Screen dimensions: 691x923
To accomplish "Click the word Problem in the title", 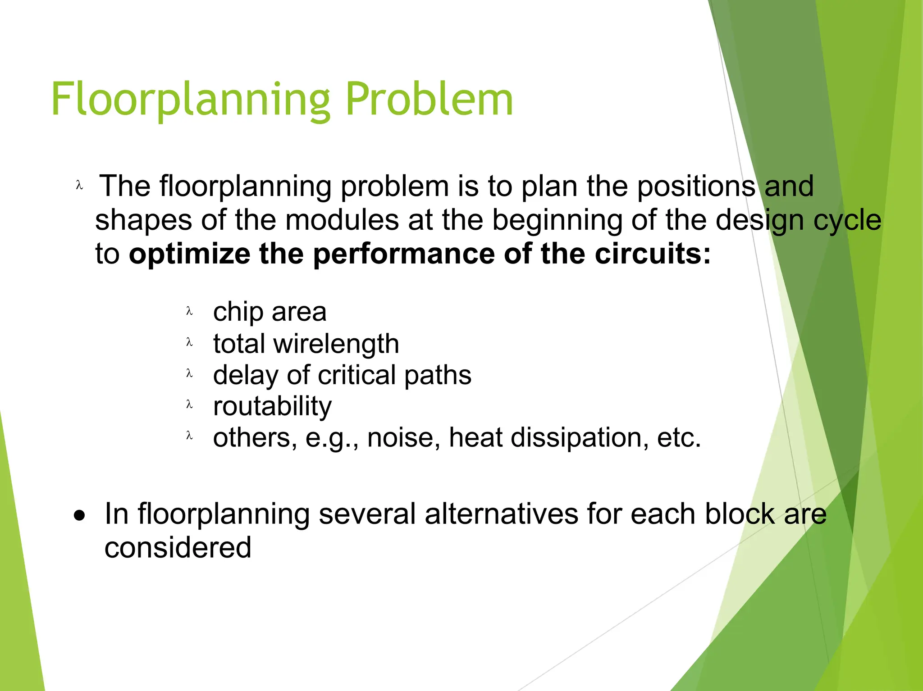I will coord(429,100).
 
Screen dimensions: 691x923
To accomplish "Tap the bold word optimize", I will coord(189,255).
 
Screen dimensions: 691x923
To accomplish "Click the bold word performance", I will coord(404,255).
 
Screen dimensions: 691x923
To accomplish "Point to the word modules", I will coord(342,220).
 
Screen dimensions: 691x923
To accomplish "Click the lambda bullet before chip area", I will coord(189,311).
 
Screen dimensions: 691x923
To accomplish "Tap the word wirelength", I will coord(336,344).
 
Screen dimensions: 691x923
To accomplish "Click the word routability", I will coord(272,406).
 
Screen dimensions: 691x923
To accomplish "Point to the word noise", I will coord(404,437).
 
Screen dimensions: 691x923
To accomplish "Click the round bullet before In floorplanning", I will coord(80,515).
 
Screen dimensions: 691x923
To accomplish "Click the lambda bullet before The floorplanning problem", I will coord(80,186).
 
